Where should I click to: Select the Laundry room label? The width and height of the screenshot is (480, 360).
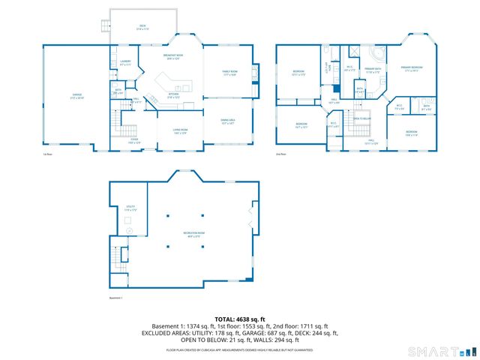click(125, 64)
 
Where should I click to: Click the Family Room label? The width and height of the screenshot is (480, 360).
click(229, 73)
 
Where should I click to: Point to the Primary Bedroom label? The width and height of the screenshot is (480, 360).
click(412, 70)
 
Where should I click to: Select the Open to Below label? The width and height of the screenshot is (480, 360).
click(362, 118)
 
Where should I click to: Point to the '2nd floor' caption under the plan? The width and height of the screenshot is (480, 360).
click(283, 154)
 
